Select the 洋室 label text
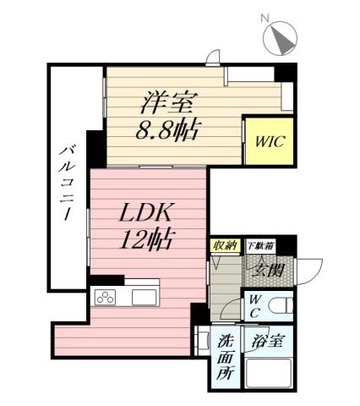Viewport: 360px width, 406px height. tap(169, 106)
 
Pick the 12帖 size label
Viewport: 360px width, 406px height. tap(145, 240)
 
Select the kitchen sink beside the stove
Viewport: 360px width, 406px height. tap(143, 297)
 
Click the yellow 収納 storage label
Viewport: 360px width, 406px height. tap(224, 245)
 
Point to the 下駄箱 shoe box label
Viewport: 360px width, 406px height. tap(260, 245)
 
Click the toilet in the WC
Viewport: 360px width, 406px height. tap(281, 305)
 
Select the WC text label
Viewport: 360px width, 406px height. tap(254, 306)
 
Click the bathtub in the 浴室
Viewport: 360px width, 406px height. tap(270, 373)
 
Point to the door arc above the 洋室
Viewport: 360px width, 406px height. tap(215, 58)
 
